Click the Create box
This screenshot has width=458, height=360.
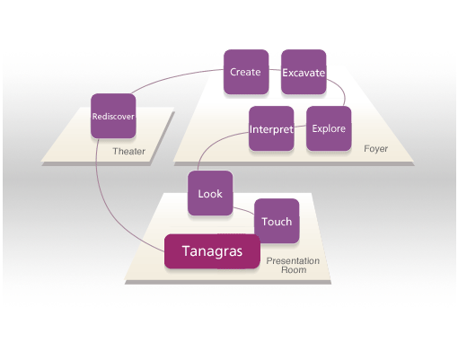pyautogui.click(x=246, y=72)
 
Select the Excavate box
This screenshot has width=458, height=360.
pyautogui.click(x=304, y=72)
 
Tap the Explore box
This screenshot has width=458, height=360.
pyautogui.click(x=329, y=128)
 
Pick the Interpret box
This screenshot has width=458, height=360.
pyautogui.click(x=271, y=128)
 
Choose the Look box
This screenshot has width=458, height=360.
pyautogui.click(x=210, y=193)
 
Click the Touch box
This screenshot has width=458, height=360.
pyautogui.click(x=277, y=221)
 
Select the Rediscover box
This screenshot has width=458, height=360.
pyautogui.click(x=113, y=116)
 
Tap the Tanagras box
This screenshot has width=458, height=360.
pyautogui.click(x=212, y=251)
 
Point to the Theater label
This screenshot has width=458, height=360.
pyautogui.click(x=129, y=152)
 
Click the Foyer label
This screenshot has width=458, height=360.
pyautogui.click(x=376, y=149)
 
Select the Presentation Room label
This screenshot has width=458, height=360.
pyautogui.click(x=293, y=265)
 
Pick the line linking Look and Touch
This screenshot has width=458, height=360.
pyautogui.click(x=244, y=210)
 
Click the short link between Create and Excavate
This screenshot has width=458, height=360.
pyautogui.click(x=275, y=70)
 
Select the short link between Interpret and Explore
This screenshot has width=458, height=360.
pyautogui.click(x=300, y=127)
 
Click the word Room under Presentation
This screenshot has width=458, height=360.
pyautogui.click(x=294, y=270)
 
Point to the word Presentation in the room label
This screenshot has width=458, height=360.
pyautogui.click(x=293, y=260)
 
